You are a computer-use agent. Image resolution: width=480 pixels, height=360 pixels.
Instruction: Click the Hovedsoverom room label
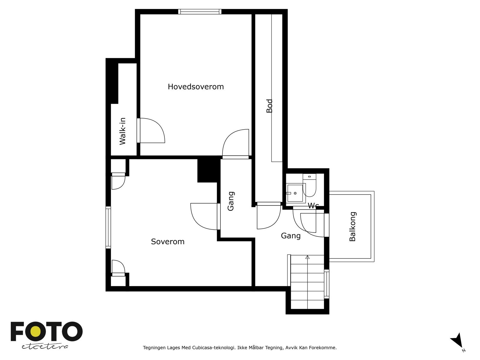[x=196, y=87]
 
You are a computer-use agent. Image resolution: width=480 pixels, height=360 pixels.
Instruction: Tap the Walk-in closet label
[x=122, y=131]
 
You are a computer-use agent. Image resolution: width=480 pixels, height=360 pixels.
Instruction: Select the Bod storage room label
[x=269, y=106]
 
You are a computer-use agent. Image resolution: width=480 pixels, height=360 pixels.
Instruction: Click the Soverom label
[x=167, y=241]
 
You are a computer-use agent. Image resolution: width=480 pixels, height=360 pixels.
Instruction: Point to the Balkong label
[x=352, y=226]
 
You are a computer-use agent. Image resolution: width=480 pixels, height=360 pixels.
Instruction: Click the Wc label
[x=313, y=206]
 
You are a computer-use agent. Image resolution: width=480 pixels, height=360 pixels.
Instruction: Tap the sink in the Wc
[x=295, y=193]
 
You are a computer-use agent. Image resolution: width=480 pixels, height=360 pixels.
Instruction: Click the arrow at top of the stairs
[x=307, y=257]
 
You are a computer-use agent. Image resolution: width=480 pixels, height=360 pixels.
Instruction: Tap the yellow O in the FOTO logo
[x=37, y=331]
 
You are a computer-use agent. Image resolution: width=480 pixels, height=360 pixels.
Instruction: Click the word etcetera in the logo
[x=45, y=346]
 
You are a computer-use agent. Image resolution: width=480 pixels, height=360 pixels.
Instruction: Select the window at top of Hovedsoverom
[x=199, y=12]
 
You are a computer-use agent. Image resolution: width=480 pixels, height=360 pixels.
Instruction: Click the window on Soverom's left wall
[x=108, y=227]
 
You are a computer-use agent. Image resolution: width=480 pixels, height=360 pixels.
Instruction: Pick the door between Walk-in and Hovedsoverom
[x=139, y=130]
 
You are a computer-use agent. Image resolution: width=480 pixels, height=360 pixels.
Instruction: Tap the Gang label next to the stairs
[x=290, y=236]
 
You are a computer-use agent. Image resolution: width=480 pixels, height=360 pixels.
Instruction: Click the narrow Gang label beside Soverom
[x=231, y=201]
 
